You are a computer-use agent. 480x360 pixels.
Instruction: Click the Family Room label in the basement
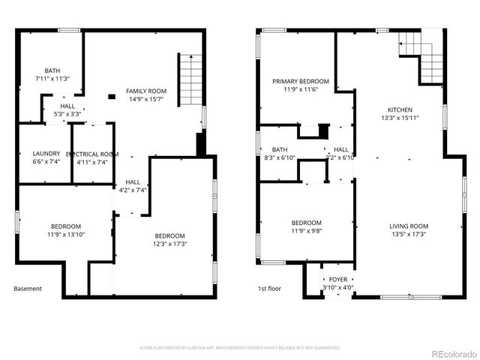coord(145,91)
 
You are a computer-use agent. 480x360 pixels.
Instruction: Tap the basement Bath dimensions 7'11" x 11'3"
coord(52,78)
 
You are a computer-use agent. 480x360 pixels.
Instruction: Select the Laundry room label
coord(46,154)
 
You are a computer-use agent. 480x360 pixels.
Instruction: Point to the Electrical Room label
coord(92,154)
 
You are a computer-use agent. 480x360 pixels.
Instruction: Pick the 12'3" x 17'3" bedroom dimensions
coord(170,243)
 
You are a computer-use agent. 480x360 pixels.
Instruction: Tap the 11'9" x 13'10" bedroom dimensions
coord(67,235)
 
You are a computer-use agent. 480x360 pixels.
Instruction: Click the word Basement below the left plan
coord(28,289)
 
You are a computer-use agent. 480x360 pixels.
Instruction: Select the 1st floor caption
coord(269,289)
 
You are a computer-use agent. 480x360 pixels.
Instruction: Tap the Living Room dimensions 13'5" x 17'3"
coord(409,235)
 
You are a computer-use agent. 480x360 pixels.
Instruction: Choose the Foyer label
coord(338,279)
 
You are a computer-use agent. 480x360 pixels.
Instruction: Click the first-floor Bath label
coord(280,149)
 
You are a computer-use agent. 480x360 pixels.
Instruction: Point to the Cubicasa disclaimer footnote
coord(240,347)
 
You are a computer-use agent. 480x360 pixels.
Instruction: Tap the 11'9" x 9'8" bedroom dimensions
coord(306,231)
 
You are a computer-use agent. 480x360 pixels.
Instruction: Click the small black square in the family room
coord(111,96)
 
